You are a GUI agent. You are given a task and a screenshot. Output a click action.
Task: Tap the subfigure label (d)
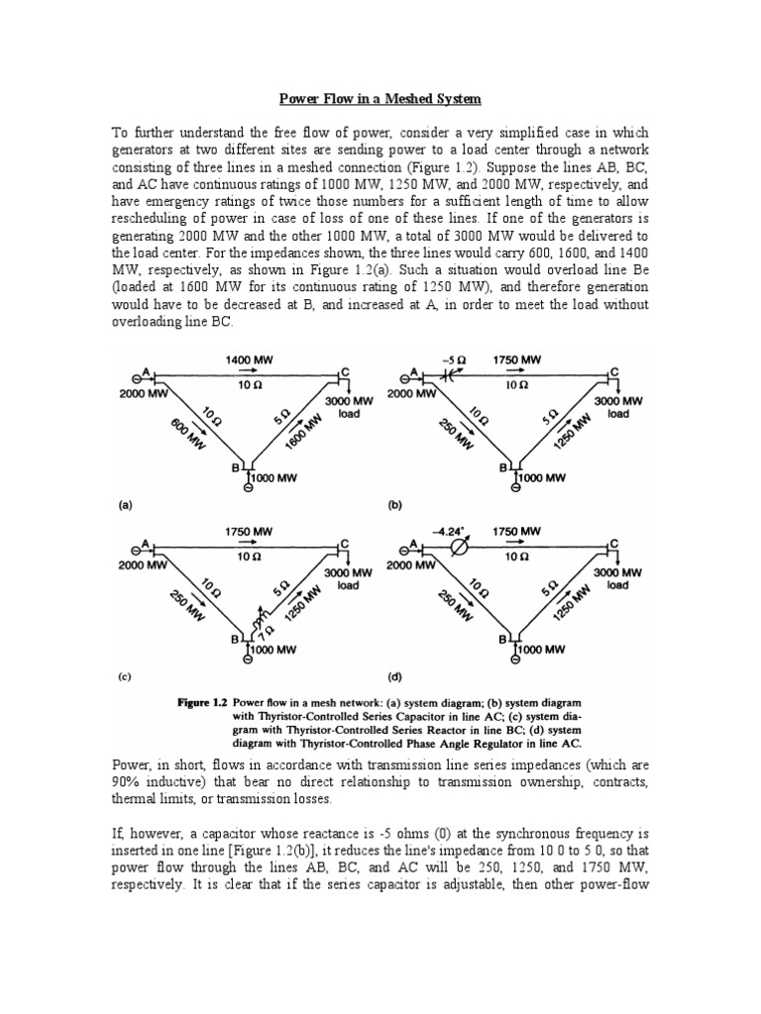point(394,678)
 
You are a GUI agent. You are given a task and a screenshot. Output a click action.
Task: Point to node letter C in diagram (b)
point(614,370)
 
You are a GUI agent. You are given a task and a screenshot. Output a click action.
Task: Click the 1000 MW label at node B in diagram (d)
point(540,650)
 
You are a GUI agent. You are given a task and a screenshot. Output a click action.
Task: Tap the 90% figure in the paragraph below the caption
point(134,782)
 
